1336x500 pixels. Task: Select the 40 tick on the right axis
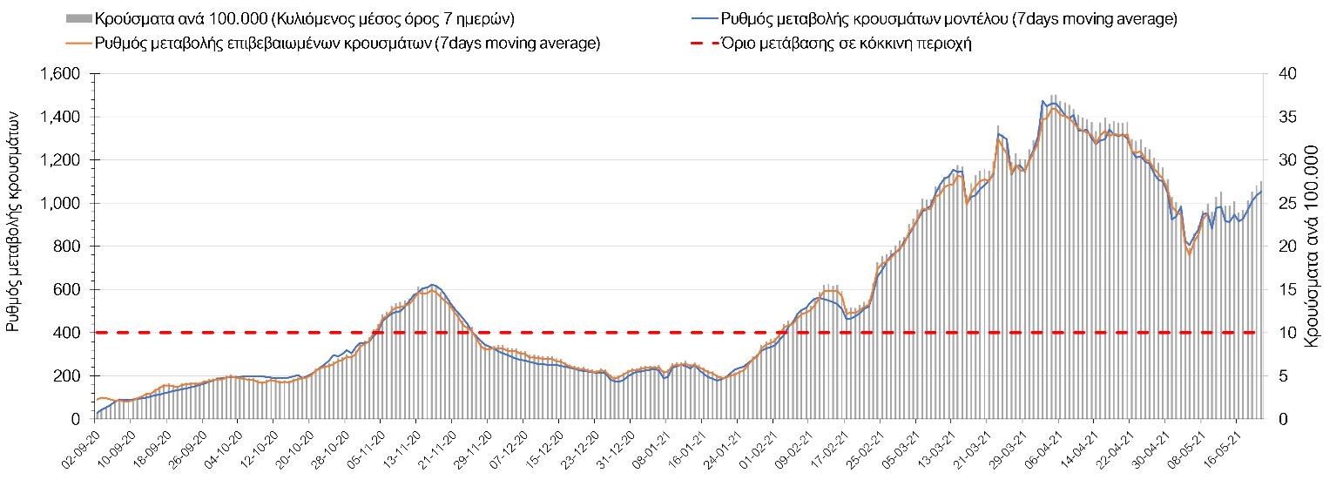coord(1285,74)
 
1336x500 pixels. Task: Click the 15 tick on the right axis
coord(1285,289)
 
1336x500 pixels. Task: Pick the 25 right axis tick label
coord(1285,203)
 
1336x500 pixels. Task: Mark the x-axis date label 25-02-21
coord(865,446)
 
